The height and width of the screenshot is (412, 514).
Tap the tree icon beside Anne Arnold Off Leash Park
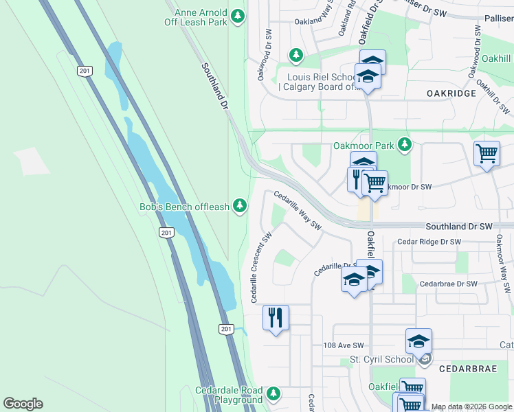[238, 16]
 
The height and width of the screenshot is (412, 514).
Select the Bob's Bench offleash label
[184, 207]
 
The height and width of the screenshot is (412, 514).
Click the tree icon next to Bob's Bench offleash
[240, 205]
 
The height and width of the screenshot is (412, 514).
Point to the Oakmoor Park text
[364, 146]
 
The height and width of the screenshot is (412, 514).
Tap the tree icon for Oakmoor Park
[405, 144]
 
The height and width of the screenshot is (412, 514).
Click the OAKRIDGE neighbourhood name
[451, 93]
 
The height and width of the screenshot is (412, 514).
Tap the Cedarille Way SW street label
[298, 210]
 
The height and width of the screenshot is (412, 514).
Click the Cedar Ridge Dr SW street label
[429, 242]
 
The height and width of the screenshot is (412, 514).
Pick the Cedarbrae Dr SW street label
[448, 284]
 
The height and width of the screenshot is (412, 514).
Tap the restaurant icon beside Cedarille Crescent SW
[276, 318]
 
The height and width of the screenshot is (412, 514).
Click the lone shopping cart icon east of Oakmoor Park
[487, 154]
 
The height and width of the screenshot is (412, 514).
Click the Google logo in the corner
[23, 404]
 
